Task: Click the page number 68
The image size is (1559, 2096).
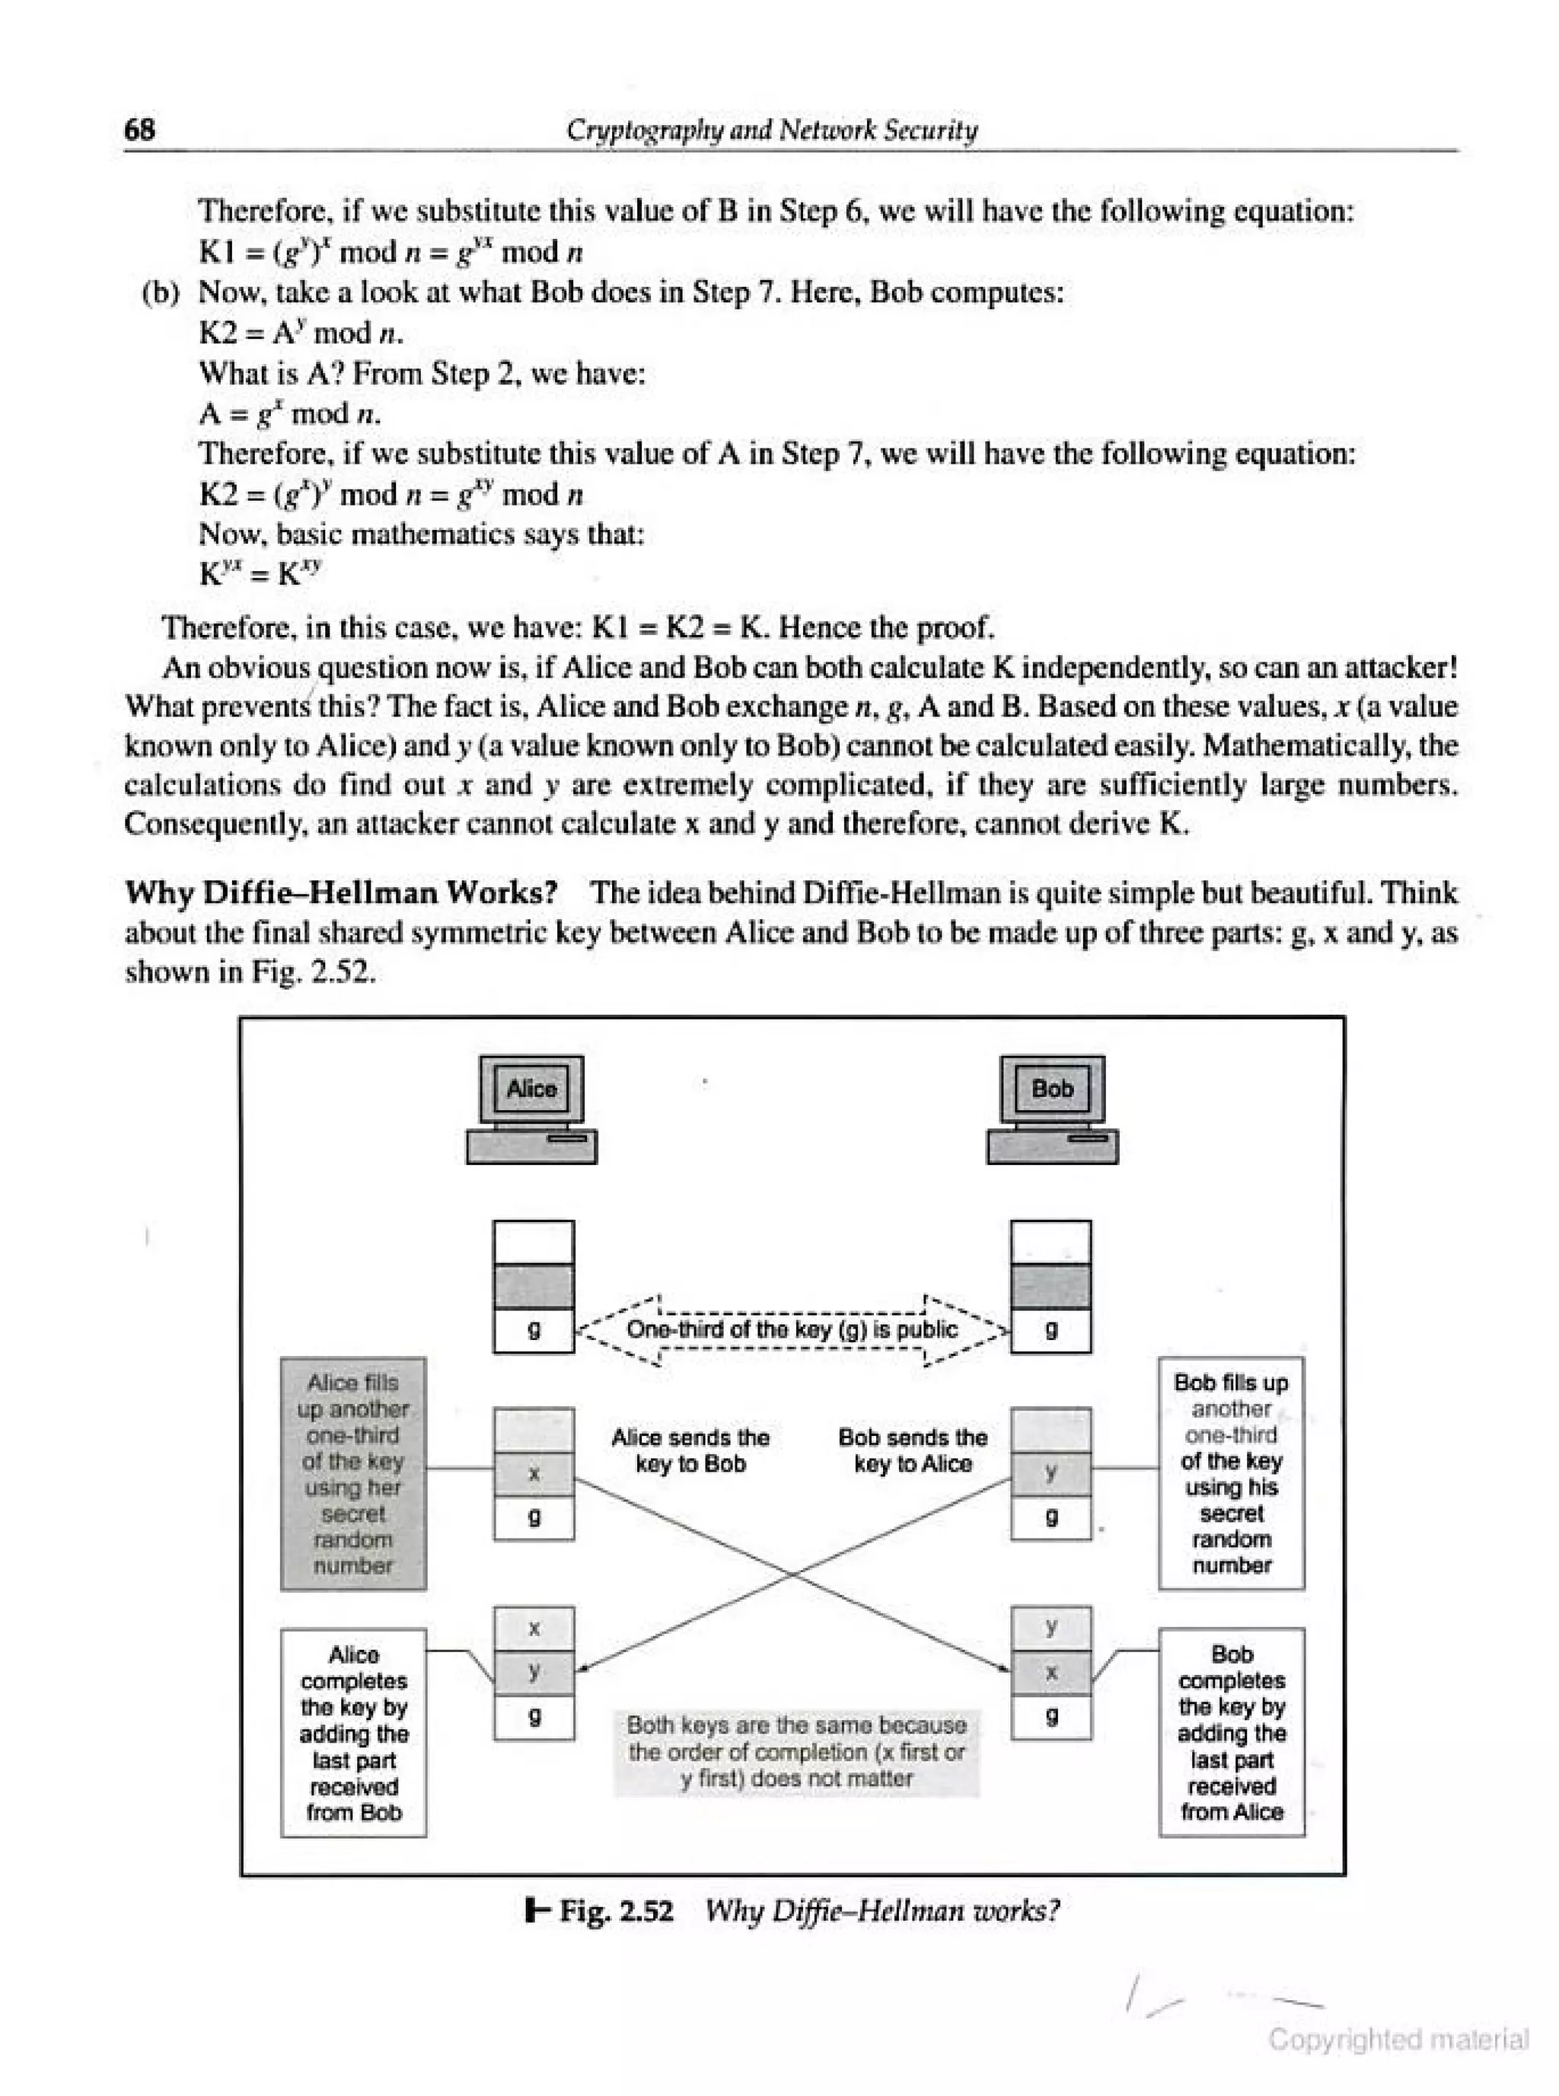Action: (139, 129)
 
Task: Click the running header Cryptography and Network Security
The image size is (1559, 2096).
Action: (771, 129)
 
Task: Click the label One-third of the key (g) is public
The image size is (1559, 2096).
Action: (792, 1330)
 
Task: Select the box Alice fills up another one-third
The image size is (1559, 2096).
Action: (353, 1473)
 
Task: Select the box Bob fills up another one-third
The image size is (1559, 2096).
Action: (1231, 1473)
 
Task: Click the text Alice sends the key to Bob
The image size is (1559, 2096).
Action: (690, 1450)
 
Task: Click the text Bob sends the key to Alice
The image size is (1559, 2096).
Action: (913, 1450)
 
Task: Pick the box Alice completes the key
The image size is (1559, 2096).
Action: (353, 1733)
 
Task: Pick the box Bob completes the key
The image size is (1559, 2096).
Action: (1231, 1733)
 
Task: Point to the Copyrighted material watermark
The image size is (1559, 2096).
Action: (1398, 2040)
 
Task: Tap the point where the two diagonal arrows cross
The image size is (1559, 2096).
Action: (792, 1574)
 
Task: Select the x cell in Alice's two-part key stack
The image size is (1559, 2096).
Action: (533, 1474)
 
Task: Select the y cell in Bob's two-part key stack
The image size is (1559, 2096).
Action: (1050, 1474)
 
